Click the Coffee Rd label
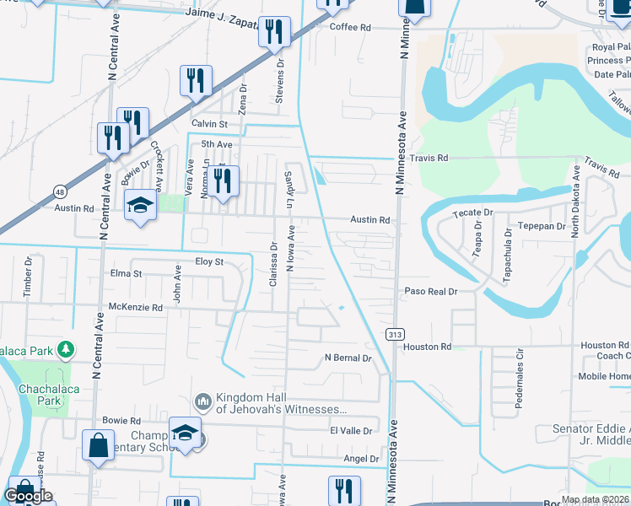[x=350, y=27]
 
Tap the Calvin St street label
[x=210, y=123]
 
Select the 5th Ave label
[x=216, y=144]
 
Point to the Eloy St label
[x=209, y=261]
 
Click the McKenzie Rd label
[x=134, y=308]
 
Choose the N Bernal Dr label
[x=348, y=358]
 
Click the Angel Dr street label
[x=362, y=458]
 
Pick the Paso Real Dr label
[x=430, y=291]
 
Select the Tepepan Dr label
[x=542, y=226]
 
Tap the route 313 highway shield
[x=394, y=335]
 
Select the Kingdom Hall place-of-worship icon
[x=202, y=401]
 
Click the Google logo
[x=29, y=496]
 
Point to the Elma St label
[x=126, y=273]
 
